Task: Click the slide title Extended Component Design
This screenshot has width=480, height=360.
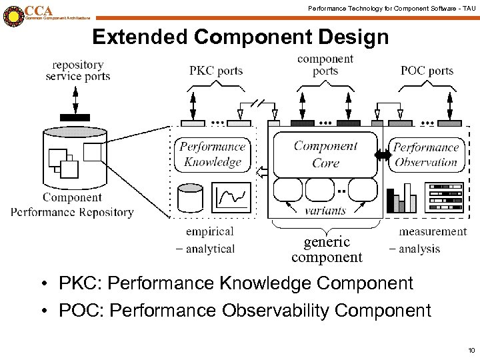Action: tap(240, 37)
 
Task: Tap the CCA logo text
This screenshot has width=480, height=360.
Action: tap(39, 11)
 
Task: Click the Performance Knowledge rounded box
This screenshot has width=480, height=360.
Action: tap(213, 155)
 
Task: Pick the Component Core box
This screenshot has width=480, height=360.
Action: tap(325, 154)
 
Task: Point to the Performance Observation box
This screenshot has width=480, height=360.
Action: tap(425, 155)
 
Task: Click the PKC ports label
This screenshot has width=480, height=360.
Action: tap(216, 71)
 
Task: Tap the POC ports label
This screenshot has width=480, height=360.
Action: tap(427, 71)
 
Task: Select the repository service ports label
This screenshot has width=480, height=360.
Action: tap(77, 71)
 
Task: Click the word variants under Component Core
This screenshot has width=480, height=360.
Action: tap(325, 210)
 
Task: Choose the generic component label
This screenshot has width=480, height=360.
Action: tap(327, 249)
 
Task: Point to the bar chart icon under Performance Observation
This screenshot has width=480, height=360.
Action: tap(402, 198)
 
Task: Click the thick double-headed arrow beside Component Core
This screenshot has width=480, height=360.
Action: tap(383, 155)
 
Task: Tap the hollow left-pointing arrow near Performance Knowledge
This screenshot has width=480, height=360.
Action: tap(263, 173)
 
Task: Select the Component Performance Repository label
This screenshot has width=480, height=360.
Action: tap(72, 205)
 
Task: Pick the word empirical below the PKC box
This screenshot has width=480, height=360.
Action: tap(210, 231)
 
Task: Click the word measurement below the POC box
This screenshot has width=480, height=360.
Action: tap(432, 231)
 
